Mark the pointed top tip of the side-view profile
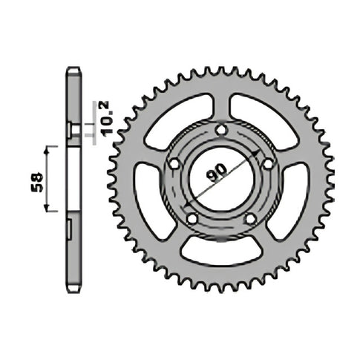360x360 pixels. pyautogui.click(x=72, y=68)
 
